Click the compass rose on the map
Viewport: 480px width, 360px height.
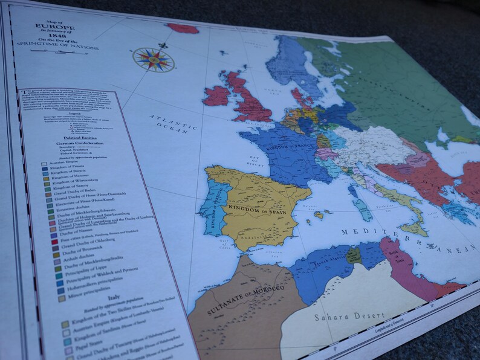[153, 59]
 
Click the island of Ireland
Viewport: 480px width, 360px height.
[216, 95]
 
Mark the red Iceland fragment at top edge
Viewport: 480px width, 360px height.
[183, 28]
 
